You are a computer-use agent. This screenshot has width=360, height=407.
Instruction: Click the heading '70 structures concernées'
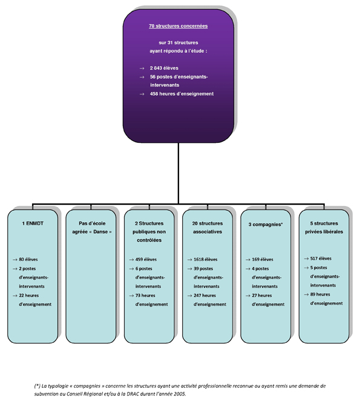click(178, 26)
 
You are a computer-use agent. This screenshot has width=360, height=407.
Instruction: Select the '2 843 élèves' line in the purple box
click(164, 68)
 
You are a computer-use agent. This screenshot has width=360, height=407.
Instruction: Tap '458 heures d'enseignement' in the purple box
click(182, 94)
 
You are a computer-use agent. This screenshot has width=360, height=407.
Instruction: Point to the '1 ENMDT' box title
click(33, 223)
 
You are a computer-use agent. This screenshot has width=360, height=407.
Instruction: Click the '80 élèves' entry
click(28, 259)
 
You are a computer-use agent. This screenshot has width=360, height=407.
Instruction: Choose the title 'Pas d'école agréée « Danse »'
click(92, 227)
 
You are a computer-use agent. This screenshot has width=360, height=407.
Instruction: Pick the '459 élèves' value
click(146, 259)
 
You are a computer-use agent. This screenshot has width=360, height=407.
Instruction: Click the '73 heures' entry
click(145, 296)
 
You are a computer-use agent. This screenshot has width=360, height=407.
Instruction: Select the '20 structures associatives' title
click(208, 227)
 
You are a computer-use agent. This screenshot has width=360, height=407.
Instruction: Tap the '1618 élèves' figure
click(206, 259)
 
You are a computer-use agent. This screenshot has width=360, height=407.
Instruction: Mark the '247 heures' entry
click(205, 296)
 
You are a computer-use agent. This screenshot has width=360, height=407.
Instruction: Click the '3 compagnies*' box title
click(266, 224)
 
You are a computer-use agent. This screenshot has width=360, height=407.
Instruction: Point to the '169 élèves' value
click(263, 259)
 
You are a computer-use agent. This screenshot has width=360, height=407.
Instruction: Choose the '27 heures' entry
click(262, 296)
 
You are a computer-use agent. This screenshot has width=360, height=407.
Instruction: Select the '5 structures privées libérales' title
click(324, 227)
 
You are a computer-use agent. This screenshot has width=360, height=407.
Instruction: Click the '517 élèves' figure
click(321, 258)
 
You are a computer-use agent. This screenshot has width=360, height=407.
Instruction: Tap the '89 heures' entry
click(320, 294)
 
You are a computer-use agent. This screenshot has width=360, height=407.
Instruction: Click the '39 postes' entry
click(203, 269)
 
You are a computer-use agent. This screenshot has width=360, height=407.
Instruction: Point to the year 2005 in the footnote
click(180, 394)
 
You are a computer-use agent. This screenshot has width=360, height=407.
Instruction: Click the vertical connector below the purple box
click(178, 173)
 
